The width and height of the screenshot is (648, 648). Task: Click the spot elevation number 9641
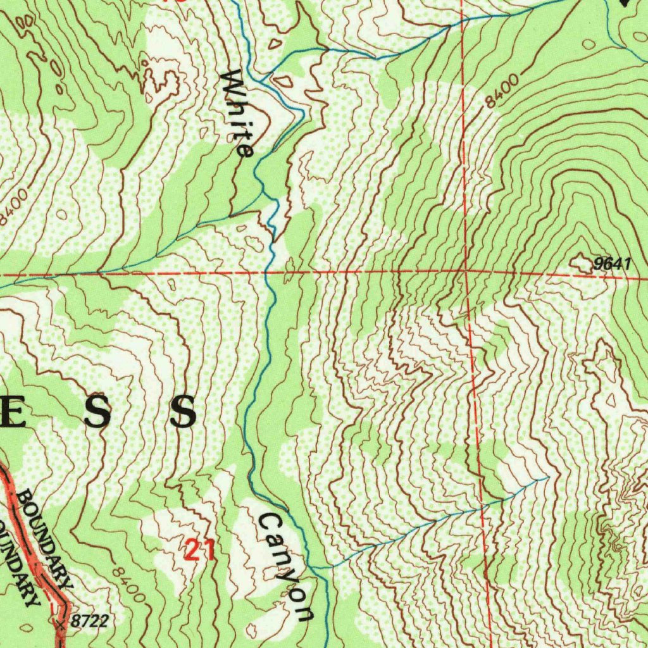612,264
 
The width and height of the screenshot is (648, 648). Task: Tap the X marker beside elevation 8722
61,625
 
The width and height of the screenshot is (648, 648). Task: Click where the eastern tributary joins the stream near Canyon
316,568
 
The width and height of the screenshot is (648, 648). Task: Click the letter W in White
233,82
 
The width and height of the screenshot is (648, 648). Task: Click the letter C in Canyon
268,523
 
